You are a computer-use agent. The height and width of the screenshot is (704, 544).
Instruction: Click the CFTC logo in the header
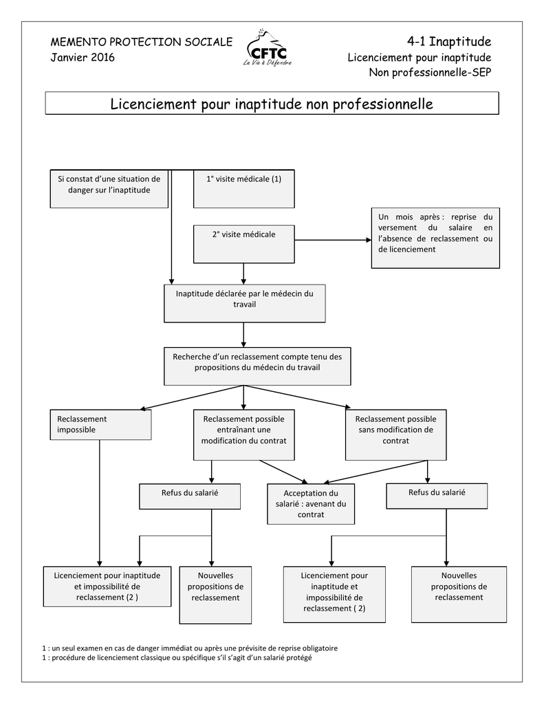(x=268, y=49)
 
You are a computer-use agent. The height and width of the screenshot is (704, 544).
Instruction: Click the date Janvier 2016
(x=83, y=58)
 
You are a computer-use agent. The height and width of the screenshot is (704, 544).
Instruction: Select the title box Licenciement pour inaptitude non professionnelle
(x=272, y=103)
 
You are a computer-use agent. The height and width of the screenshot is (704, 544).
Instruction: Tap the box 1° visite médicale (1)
(x=244, y=188)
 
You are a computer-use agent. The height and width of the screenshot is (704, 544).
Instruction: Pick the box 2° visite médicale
(x=244, y=244)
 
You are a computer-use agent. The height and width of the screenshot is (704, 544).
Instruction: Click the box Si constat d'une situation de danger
(x=109, y=188)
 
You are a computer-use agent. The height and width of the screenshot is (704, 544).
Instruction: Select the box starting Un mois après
(x=435, y=238)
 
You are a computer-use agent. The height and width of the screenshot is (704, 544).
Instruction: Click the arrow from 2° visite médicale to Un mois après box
(x=333, y=240)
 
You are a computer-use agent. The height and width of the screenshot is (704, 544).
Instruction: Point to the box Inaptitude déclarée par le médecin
(x=244, y=303)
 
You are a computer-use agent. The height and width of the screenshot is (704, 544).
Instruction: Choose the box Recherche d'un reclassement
(x=257, y=366)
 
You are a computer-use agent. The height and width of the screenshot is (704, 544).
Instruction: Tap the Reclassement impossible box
(x=100, y=425)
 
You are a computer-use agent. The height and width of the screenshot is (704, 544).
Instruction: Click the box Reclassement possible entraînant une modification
(x=244, y=434)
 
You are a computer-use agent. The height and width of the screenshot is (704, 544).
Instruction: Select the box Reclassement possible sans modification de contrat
(x=395, y=434)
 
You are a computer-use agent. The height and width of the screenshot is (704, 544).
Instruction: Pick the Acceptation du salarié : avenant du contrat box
(x=311, y=504)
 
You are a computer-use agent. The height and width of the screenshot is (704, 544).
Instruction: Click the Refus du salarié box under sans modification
(x=437, y=496)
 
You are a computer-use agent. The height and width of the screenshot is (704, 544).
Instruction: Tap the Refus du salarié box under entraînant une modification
(x=190, y=496)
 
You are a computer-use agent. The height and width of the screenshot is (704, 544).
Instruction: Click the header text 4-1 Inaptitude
(x=449, y=42)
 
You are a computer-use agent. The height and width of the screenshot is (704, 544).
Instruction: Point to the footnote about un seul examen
(x=190, y=648)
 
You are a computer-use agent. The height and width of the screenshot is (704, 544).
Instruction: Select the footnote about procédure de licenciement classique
(x=177, y=658)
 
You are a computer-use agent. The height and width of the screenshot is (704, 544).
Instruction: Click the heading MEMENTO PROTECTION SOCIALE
(x=142, y=42)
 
